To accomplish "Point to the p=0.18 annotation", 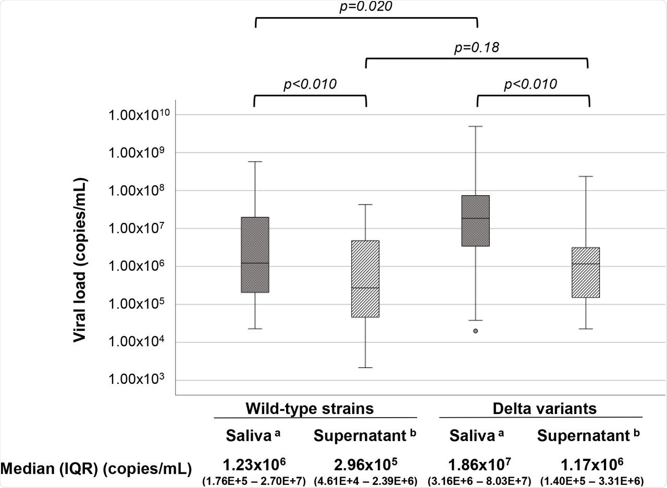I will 477,48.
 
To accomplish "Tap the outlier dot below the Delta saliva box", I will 475,331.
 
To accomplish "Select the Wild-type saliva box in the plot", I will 255,255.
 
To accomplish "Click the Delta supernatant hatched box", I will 586,272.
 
